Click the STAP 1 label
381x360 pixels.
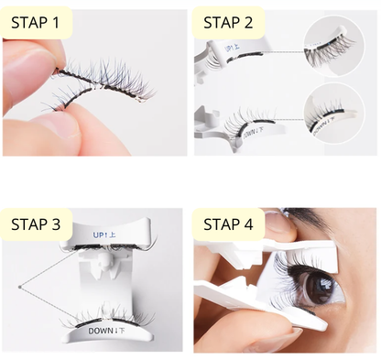(35, 23)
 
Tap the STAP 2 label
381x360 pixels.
(228, 23)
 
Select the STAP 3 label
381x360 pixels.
(36, 224)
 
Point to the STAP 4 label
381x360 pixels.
(228, 224)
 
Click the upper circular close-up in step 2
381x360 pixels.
(334, 47)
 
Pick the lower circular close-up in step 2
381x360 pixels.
(334, 114)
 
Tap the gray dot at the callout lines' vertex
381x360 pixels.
(19, 287)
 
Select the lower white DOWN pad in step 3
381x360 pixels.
(106, 333)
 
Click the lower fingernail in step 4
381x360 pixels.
(292, 335)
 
